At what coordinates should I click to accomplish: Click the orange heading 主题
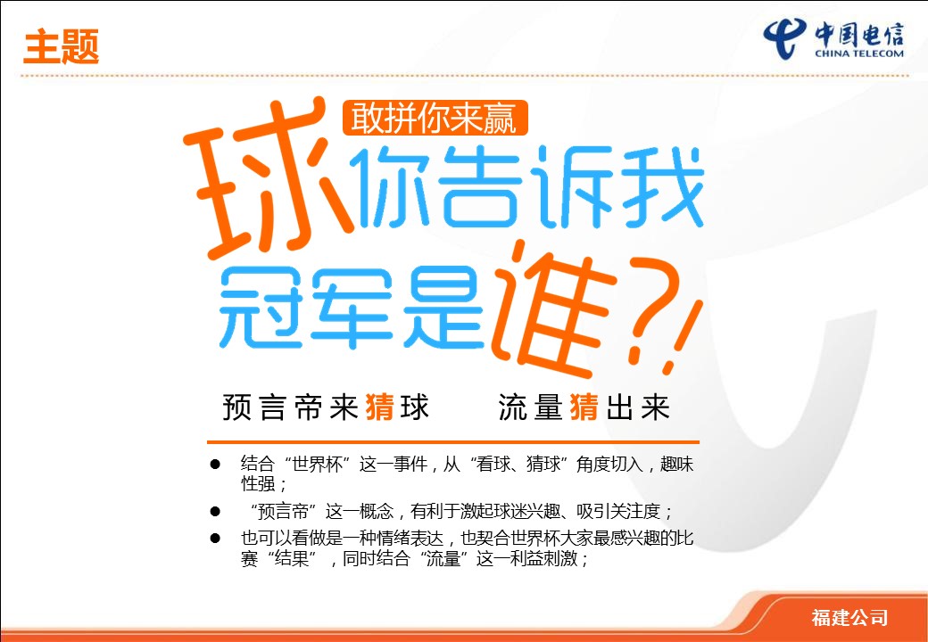61,46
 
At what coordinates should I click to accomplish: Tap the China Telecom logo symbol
785,37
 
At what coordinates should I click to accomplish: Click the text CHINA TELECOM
859,53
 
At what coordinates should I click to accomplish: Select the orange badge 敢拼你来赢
435,118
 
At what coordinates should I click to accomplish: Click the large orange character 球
266,177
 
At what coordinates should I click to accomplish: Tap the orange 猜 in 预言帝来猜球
379,407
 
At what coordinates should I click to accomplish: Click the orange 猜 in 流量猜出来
584,407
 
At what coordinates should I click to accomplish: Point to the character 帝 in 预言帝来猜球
309,407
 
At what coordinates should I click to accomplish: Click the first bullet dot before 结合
215,465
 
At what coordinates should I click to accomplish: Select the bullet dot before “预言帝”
215,511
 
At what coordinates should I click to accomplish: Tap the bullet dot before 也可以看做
215,539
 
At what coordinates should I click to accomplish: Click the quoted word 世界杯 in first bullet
318,465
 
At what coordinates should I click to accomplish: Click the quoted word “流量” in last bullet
443,558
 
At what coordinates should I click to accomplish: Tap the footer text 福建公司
849,618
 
